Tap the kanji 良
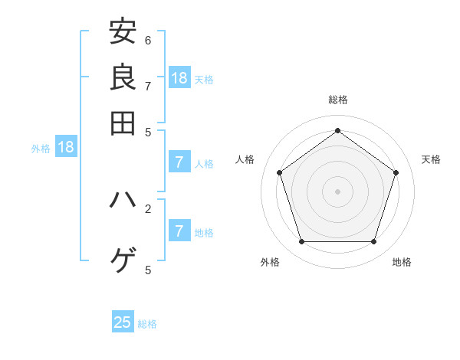click(123, 77)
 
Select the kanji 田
click(123, 123)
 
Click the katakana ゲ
click(123, 260)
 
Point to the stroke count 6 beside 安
click(148, 40)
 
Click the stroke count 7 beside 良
click(148, 86)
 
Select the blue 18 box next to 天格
click(179, 78)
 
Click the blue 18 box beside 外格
click(65, 147)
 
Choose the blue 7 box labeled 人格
click(179, 162)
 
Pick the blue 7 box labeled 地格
click(179, 231)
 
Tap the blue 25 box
click(123, 322)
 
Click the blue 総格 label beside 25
click(147, 324)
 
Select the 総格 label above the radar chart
click(337, 100)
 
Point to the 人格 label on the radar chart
click(245, 159)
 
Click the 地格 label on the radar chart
click(402, 262)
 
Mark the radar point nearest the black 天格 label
click(396, 172)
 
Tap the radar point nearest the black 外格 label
click(301, 242)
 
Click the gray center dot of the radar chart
click(337, 191)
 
